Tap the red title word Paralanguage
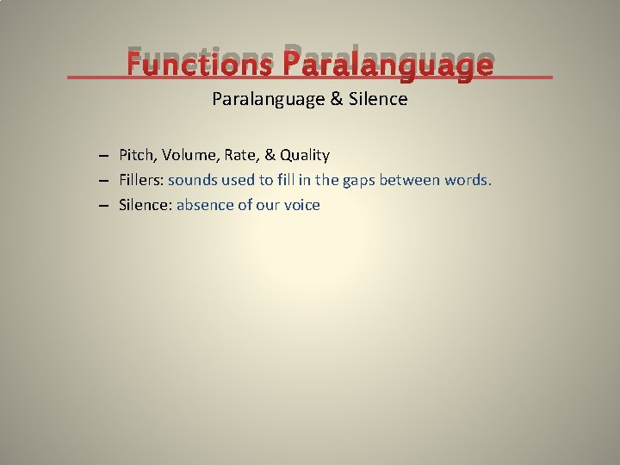387,65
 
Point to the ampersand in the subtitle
336,99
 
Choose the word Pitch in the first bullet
136,155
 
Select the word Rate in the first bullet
241,155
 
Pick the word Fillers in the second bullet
140,180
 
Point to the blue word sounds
194,180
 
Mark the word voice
301,205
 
